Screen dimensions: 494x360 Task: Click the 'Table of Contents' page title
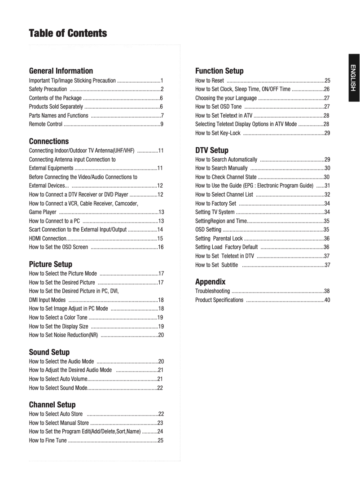[x=68, y=34]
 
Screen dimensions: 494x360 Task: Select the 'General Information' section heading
[x=61, y=71]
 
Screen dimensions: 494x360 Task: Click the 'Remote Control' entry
[x=46, y=124]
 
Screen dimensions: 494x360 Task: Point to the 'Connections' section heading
[x=49, y=141]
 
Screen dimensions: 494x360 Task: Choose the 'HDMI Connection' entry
[x=48, y=238]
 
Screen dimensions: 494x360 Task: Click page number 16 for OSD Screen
[x=160, y=247]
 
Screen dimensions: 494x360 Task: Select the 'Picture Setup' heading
[x=50, y=264]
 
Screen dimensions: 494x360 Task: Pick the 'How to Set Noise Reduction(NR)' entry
[x=63, y=335]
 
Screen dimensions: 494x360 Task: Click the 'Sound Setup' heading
[x=49, y=352]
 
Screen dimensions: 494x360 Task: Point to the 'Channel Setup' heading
[x=52, y=405]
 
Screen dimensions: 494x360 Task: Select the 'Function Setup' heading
[x=220, y=71]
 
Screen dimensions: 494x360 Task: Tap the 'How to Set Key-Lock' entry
[x=218, y=133]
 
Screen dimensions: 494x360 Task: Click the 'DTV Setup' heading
[x=212, y=150]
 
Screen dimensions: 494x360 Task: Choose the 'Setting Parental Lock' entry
[x=219, y=238]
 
